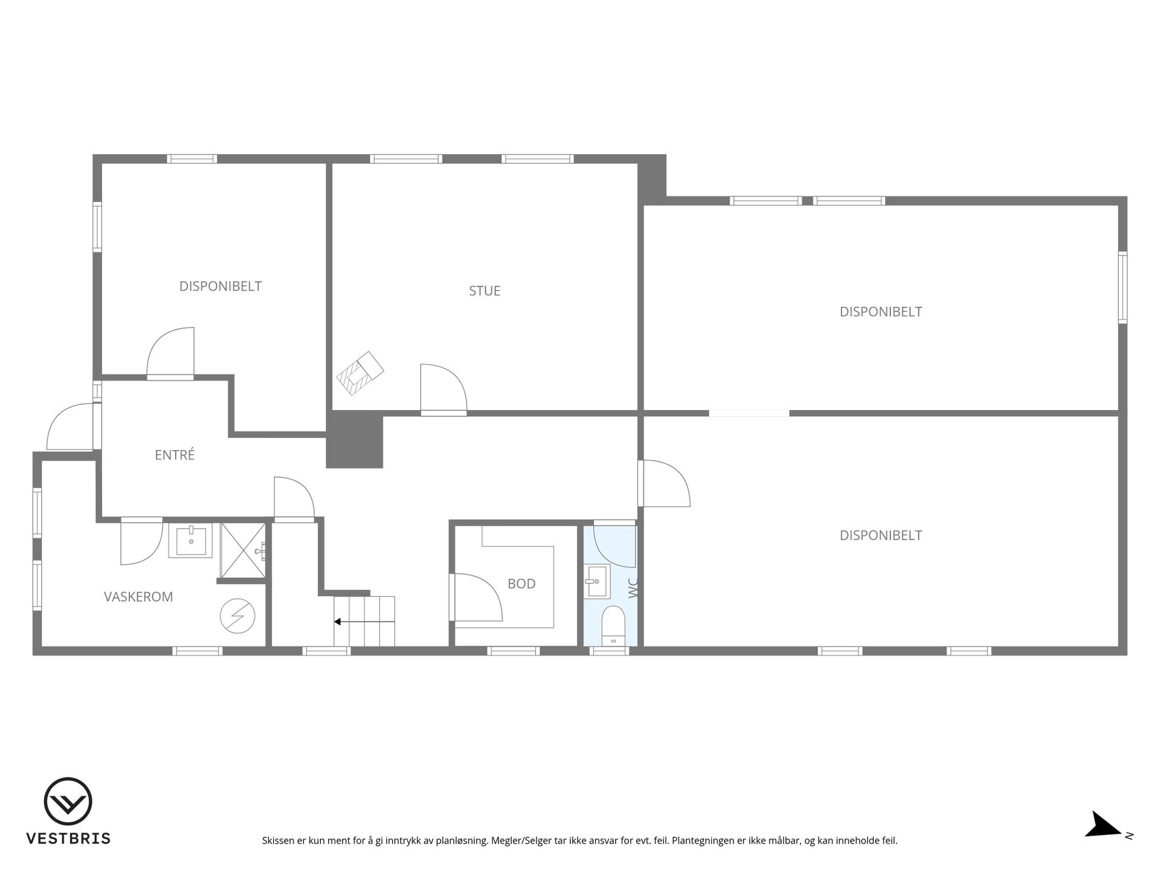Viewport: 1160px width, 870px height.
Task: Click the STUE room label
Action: pyautogui.click(x=485, y=291)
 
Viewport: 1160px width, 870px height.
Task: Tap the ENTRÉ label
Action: pyautogui.click(x=175, y=455)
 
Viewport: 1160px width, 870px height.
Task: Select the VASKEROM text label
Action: pyautogui.click(x=138, y=597)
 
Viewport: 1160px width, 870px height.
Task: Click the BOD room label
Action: pyautogui.click(x=521, y=584)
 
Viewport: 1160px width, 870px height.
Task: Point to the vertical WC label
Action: pyautogui.click(x=633, y=588)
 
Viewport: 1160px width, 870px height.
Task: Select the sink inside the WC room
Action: pyautogui.click(x=598, y=582)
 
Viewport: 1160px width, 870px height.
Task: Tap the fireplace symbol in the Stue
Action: pyautogui.click(x=360, y=373)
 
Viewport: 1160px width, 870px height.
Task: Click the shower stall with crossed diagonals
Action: pyautogui.click(x=243, y=550)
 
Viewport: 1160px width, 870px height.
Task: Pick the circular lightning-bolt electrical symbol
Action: pyautogui.click(x=237, y=616)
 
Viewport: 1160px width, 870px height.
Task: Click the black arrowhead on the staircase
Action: pyautogui.click(x=337, y=621)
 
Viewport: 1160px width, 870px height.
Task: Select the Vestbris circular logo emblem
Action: pyautogui.click(x=68, y=801)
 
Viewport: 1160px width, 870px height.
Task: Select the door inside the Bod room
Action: pyautogui.click(x=477, y=597)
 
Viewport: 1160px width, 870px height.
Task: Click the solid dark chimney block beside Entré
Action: pyautogui.click(x=355, y=440)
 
